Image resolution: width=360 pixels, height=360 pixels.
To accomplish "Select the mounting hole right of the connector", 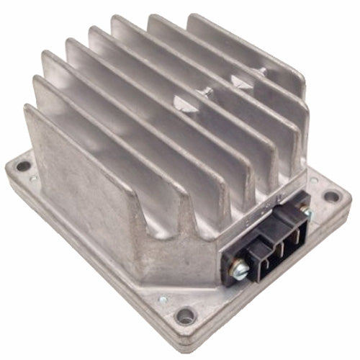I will pos(330,195).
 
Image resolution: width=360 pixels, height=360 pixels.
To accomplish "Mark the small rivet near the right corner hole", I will pos(314,180).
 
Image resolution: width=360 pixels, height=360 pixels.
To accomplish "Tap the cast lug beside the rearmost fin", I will pos(258,73).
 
